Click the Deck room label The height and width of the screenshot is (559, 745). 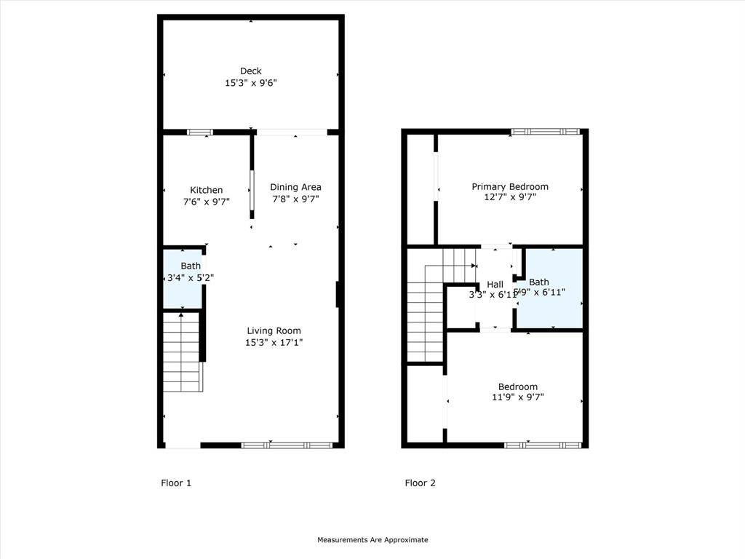251,71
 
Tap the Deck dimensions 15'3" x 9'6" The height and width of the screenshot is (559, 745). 251,83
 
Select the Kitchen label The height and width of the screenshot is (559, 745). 207,190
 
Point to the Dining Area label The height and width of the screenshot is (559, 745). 295,187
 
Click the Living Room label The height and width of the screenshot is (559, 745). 274,330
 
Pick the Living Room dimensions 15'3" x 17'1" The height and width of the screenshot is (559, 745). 274,342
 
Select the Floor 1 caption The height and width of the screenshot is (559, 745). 176,483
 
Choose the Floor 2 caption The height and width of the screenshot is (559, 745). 421,483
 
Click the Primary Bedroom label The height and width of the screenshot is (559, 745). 510,186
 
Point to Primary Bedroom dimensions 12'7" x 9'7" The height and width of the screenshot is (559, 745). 510,197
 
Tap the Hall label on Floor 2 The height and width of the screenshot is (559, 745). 495,284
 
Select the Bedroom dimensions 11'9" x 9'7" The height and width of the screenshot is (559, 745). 518,397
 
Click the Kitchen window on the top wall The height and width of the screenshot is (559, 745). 199,132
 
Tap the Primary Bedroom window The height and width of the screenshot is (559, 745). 545,132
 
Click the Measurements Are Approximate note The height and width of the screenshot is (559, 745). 372,540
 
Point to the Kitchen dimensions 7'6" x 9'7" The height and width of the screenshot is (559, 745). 207,202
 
